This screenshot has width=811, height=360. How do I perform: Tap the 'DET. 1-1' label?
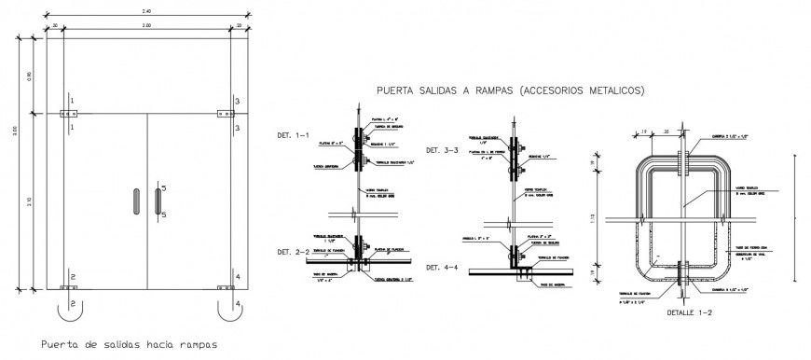click(295, 136)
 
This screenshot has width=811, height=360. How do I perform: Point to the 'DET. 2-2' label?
click(295, 253)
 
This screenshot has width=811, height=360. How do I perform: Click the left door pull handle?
click(135, 202)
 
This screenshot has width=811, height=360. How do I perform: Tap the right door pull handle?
click(157, 202)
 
